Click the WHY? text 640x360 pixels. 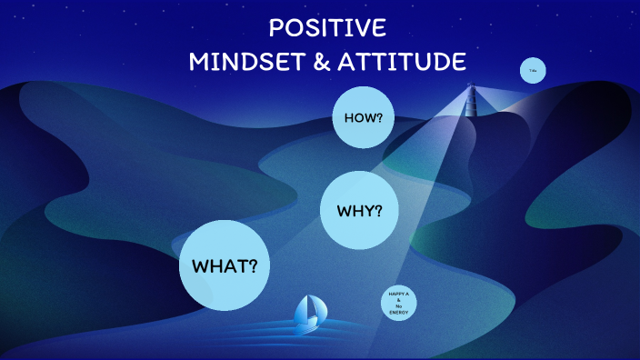[360, 211]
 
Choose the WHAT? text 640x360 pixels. [225, 266]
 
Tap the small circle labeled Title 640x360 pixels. [533, 71]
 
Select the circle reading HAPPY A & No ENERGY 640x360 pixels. [399, 303]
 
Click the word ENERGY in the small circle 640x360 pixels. [399, 313]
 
